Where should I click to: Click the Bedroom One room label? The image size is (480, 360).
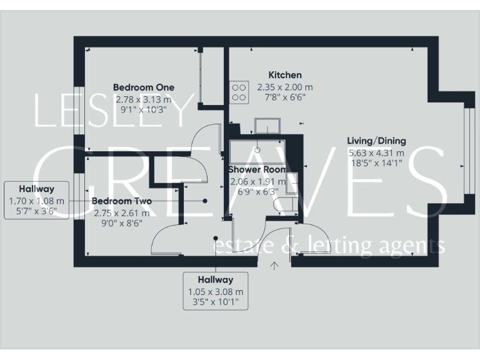click(143, 87)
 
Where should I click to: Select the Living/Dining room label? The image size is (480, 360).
click(376, 141)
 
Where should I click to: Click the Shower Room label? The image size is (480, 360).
click(257, 169)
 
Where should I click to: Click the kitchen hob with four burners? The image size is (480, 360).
click(239, 92)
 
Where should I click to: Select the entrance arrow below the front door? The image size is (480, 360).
click(274, 266)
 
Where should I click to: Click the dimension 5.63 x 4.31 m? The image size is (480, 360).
click(376, 152)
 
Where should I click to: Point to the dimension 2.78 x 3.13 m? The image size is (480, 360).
click(143, 99)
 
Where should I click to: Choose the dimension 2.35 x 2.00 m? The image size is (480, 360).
click(285, 87)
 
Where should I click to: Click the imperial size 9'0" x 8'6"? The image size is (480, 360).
click(122, 223)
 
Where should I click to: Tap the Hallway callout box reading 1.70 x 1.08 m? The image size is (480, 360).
click(36, 200)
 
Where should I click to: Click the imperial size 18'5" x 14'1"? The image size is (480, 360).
click(376, 162)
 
